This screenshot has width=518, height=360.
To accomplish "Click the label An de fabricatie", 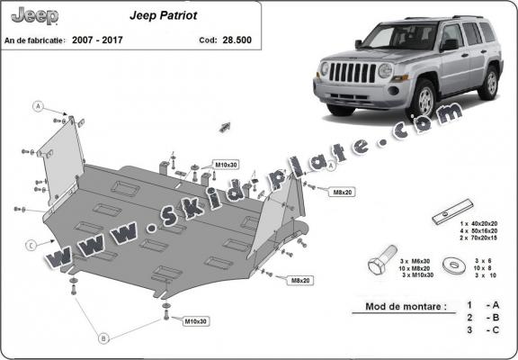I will [36, 40].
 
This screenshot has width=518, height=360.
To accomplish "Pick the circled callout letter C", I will [31, 244].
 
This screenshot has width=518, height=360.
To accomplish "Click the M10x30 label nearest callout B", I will [196, 321].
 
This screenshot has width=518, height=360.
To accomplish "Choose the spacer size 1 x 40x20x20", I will [485, 221].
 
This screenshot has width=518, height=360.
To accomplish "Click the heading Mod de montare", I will [405, 306].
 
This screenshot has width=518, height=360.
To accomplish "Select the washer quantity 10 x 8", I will [484, 266].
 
